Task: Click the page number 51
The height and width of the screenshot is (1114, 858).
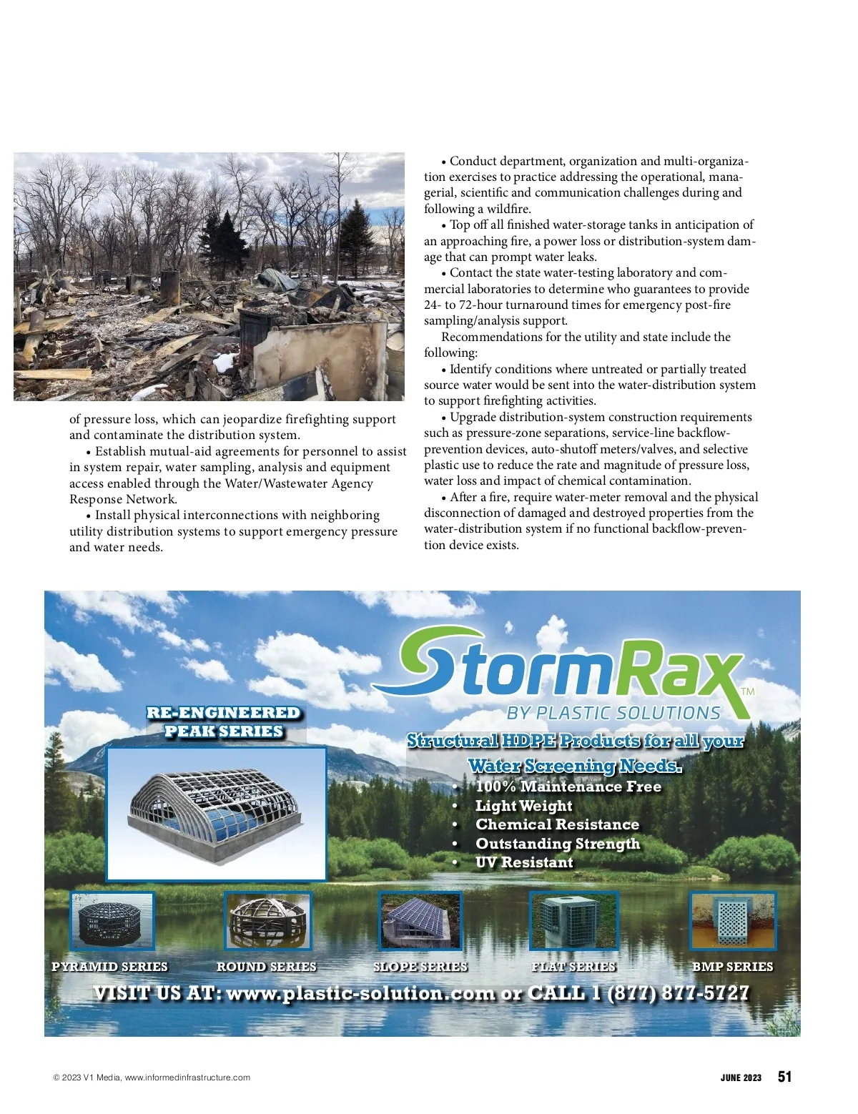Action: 784,1077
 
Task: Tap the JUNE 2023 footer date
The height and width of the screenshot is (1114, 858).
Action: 741,1078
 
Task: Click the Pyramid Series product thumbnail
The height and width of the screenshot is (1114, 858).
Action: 112,921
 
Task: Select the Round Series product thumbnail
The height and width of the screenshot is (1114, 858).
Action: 268,921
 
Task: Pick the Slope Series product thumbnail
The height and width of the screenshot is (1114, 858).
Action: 420,921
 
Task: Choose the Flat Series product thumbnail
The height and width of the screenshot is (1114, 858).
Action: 573,921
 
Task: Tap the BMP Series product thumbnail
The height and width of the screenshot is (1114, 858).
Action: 733,921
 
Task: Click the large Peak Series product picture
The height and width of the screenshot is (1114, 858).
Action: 216,814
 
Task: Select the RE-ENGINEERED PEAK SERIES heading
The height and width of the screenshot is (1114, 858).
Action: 223,722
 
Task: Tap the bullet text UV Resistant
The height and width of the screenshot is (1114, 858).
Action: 524,862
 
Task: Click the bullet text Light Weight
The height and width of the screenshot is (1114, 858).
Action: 524,806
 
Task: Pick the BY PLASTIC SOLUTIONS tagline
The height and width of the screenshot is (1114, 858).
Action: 613,713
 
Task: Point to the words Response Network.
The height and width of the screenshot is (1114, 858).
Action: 123,499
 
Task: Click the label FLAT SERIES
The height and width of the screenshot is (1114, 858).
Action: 573,967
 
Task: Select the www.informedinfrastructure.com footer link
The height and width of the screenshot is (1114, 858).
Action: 187,1078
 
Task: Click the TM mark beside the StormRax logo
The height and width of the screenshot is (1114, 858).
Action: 748,691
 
